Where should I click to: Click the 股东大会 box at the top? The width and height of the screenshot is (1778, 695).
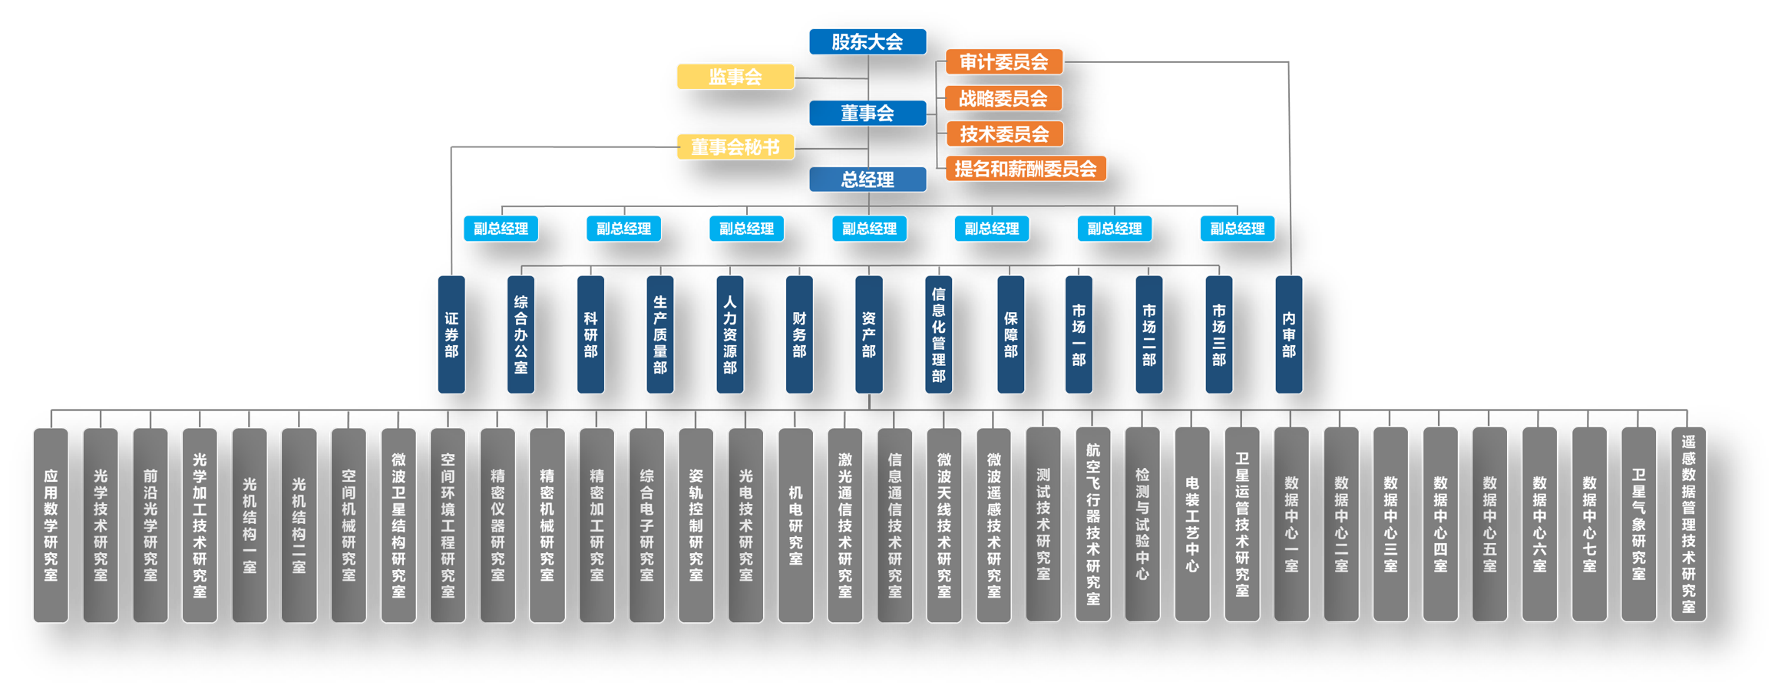point(868,41)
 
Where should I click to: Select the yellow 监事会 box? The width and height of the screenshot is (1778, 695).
point(735,77)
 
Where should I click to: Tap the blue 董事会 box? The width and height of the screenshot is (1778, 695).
point(868,113)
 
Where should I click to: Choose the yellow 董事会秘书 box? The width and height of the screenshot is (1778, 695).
point(735,147)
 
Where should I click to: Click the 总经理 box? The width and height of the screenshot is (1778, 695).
point(868,180)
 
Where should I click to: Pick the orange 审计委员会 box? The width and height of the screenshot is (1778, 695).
point(1003,62)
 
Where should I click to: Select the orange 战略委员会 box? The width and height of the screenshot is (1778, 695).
point(1003,98)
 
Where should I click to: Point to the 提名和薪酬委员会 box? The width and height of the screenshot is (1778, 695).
point(1026,169)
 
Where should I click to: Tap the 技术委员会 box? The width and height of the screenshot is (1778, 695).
point(1003,133)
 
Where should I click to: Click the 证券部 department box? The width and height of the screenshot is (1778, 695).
point(451,334)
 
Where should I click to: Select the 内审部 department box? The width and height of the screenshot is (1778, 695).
point(1288,334)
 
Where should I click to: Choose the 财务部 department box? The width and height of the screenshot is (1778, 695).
point(799,334)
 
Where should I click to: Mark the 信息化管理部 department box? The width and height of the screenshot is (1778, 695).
point(938,334)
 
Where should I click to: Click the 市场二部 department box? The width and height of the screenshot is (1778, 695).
point(1148,334)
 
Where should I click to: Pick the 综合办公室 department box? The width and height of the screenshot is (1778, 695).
point(521,334)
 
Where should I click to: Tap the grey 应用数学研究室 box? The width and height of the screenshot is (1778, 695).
point(51,525)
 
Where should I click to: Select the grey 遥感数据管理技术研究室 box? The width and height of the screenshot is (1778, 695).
point(1688,525)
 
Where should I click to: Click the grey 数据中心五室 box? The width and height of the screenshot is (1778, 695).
point(1489,525)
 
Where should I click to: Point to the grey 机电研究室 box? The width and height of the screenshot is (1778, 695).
point(795,525)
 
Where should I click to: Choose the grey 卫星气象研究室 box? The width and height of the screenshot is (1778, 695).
point(1638,525)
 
